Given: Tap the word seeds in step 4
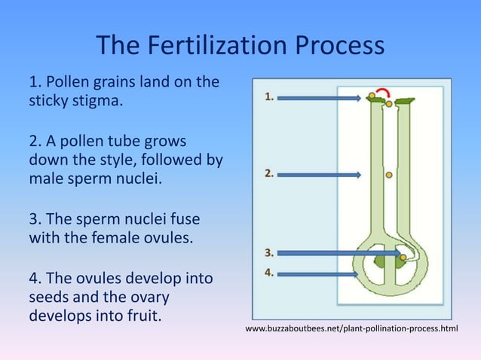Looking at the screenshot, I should click(48, 297).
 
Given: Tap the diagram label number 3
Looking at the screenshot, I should click(269, 252).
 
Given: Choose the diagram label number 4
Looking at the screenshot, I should click(269, 273).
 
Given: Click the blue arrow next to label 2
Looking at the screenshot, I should click(319, 175).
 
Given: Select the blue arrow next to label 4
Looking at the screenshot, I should click(317, 274).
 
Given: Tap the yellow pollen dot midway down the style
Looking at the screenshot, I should click(389, 175).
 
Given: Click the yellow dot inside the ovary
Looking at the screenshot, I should click(403, 258).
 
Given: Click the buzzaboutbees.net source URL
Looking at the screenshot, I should click(351, 330).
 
